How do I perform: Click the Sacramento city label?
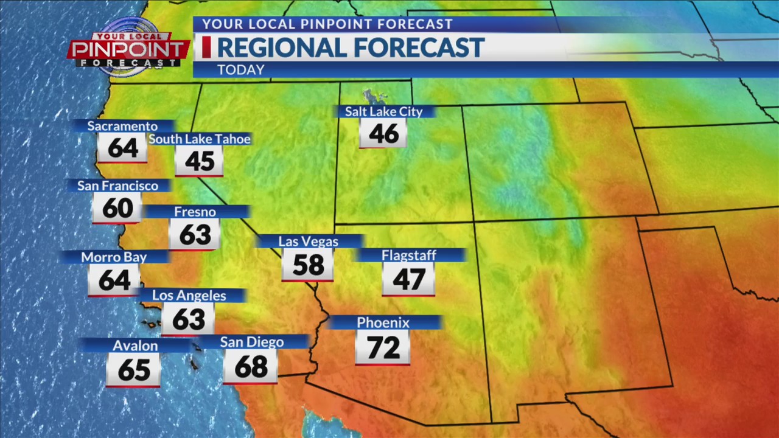click(x=122, y=127)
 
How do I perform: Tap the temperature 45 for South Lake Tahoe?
click(x=199, y=161)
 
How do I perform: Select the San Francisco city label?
click(x=117, y=186)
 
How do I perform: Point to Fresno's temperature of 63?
click(x=195, y=235)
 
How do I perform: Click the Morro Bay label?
click(x=114, y=257)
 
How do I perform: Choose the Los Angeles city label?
click(x=189, y=296)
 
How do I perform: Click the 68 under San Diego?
click(x=251, y=367)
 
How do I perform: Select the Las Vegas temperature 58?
click(x=308, y=265)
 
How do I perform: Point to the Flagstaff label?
click(x=409, y=255)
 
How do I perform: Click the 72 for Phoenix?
click(x=383, y=348)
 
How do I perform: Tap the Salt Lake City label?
click(x=383, y=111)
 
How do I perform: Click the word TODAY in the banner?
click(x=241, y=70)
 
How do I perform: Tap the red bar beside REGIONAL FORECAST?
click(x=206, y=47)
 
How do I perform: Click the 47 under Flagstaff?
click(x=409, y=279)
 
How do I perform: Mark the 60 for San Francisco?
click(x=117, y=209)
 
